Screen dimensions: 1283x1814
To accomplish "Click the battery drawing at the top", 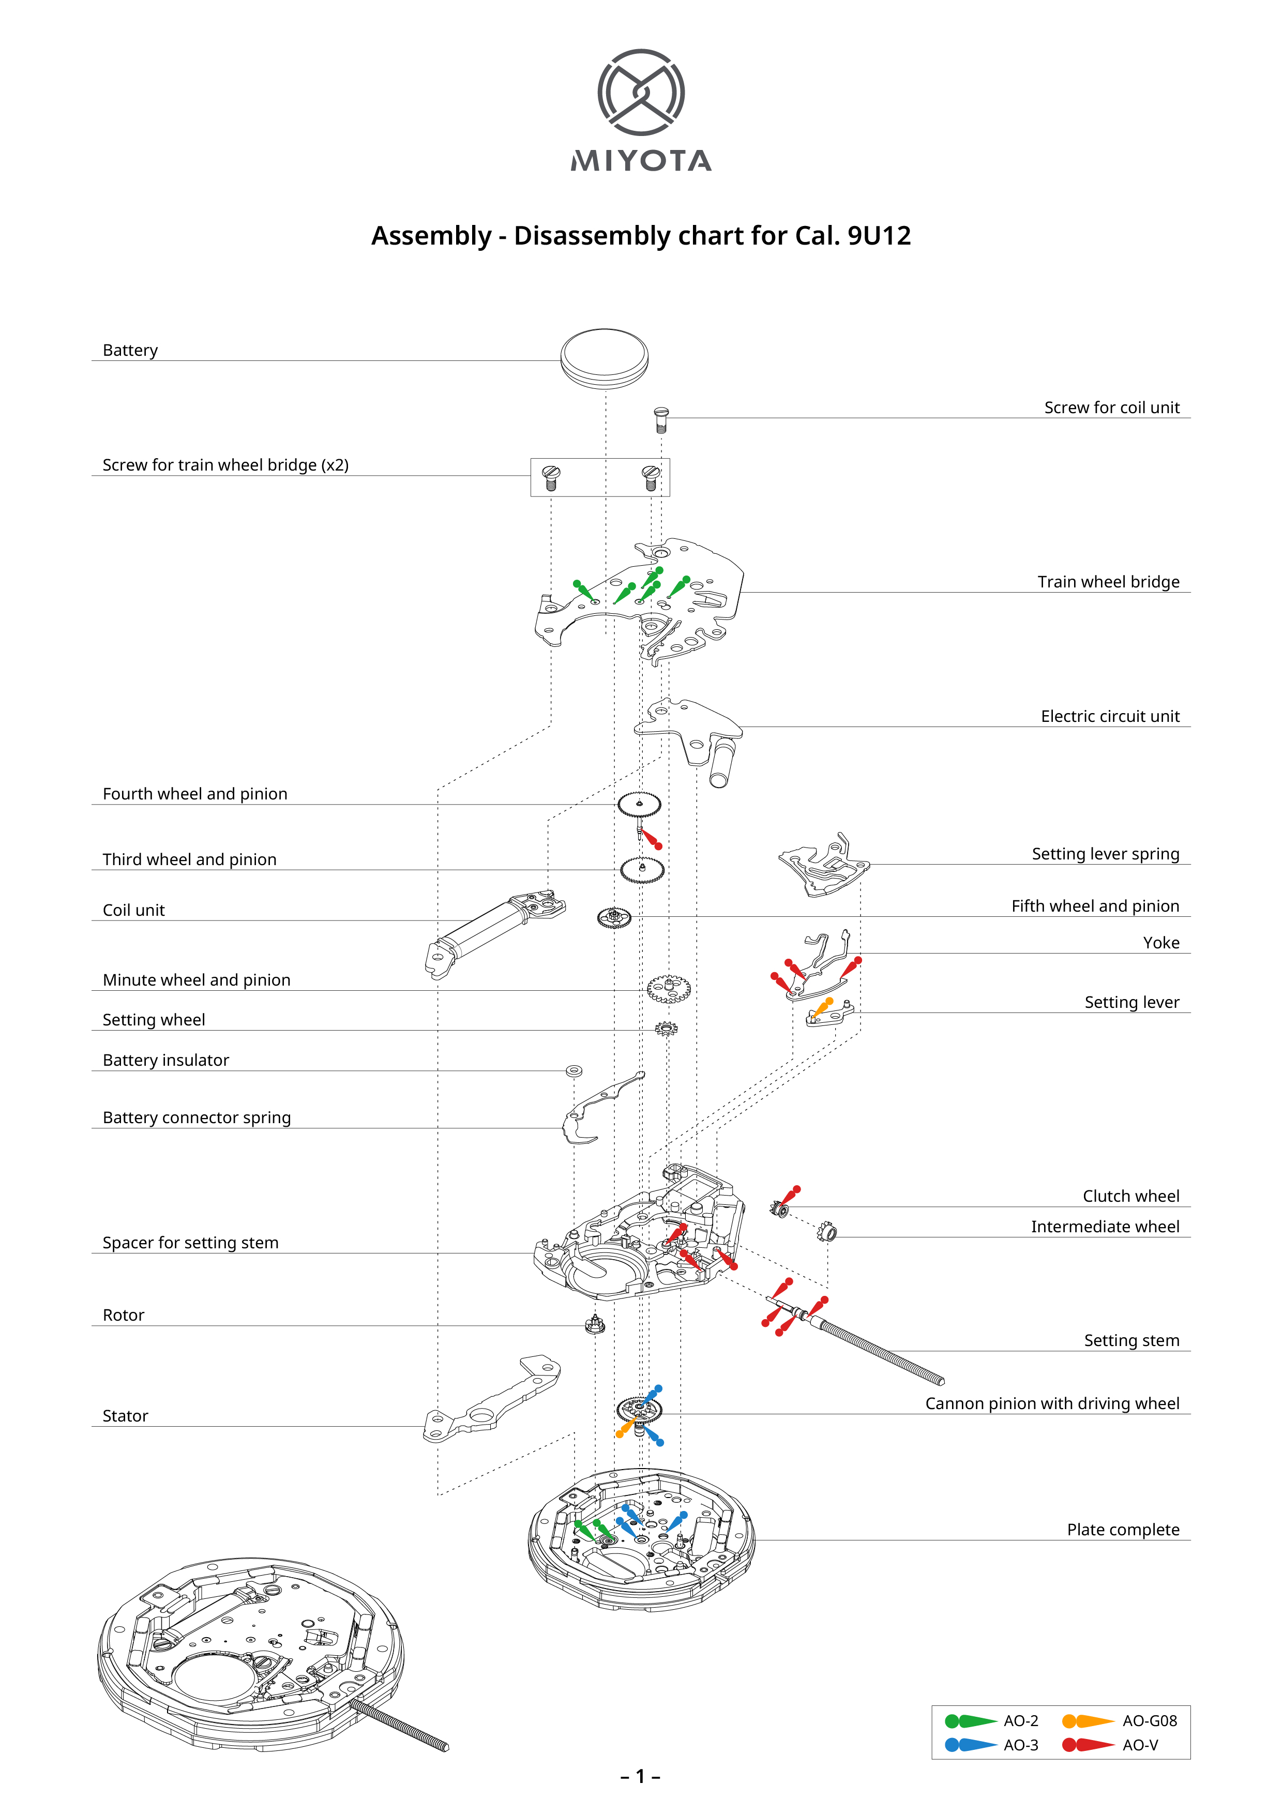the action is (x=605, y=359).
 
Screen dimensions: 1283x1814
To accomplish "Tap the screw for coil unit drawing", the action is (x=661, y=420).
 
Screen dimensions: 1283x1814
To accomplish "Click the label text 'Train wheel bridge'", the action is (x=1108, y=582).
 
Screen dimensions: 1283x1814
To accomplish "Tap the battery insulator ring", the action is (x=575, y=1071).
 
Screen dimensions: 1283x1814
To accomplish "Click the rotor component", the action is (x=595, y=1324).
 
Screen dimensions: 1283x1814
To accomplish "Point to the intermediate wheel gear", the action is (x=827, y=1231).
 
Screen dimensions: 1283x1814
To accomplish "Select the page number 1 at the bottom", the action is (x=641, y=1777).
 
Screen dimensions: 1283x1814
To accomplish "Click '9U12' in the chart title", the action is (x=879, y=235).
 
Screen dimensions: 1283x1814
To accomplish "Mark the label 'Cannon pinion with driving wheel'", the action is (x=1052, y=1404).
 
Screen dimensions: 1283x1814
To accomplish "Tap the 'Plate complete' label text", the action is (x=1123, y=1530).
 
